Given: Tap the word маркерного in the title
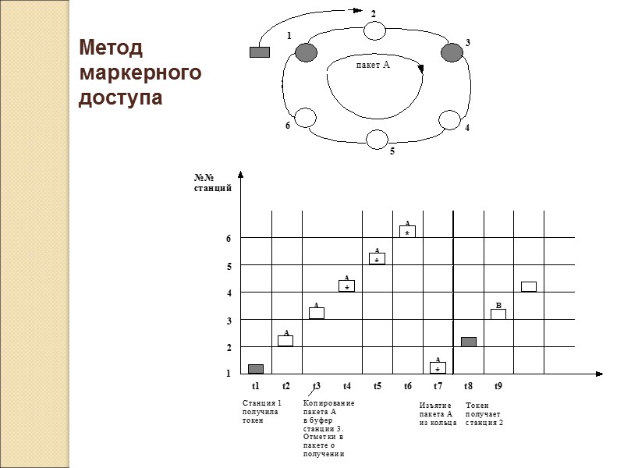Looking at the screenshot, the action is pos(140,73).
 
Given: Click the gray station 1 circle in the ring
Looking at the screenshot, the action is pos(306,52).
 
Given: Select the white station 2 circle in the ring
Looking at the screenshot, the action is pos(375,30).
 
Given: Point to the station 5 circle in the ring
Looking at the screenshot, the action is pos(378,139).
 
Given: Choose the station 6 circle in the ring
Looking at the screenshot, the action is pos(306,118).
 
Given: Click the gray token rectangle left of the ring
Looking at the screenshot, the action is pos(259,52).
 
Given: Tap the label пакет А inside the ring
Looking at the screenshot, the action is pos(371,66).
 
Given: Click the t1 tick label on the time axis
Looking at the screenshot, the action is pos(256,386).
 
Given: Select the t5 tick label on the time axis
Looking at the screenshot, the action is pos(378,386).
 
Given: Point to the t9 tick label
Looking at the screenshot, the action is pos(498,386).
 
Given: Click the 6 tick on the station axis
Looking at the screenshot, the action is pos(229,239).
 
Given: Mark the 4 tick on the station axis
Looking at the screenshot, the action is pos(229,292).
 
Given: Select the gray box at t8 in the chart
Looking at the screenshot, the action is pos(468,342).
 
